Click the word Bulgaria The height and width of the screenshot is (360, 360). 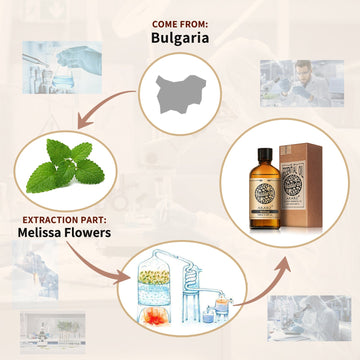click(180, 39)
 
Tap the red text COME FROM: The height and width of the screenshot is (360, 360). click(180, 22)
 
